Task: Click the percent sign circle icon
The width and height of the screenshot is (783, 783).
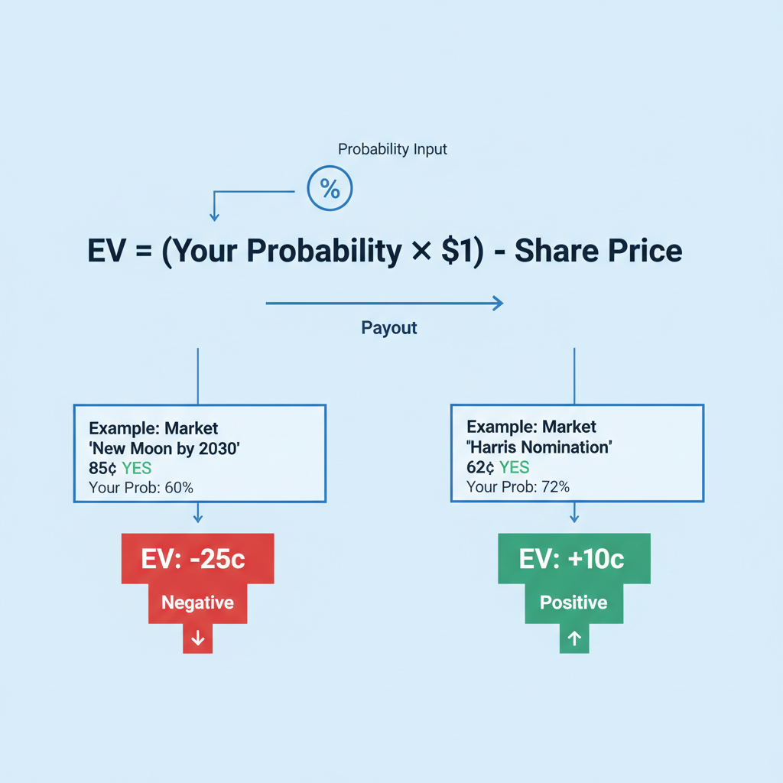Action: pyautogui.click(x=330, y=189)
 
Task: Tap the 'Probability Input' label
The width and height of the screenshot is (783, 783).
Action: pyautogui.click(x=392, y=149)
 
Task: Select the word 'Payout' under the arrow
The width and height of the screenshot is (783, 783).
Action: pyautogui.click(x=389, y=328)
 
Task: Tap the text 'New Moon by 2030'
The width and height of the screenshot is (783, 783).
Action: pyautogui.click(x=165, y=447)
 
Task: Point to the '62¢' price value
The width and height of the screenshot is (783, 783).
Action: pyautogui.click(x=481, y=467)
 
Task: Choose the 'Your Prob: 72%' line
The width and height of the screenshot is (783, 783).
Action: pyautogui.click(x=518, y=486)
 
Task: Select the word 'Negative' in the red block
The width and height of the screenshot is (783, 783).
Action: pyautogui.click(x=197, y=603)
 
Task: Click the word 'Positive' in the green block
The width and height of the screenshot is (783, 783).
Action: pyautogui.click(x=573, y=603)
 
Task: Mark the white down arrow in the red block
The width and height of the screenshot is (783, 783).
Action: pyautogui.click(x=198, y=638)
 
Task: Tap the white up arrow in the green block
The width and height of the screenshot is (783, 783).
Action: pyautogui.click(x=575, y=638)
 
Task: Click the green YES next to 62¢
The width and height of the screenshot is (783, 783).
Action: pyautogui.click(x=515, y=467)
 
